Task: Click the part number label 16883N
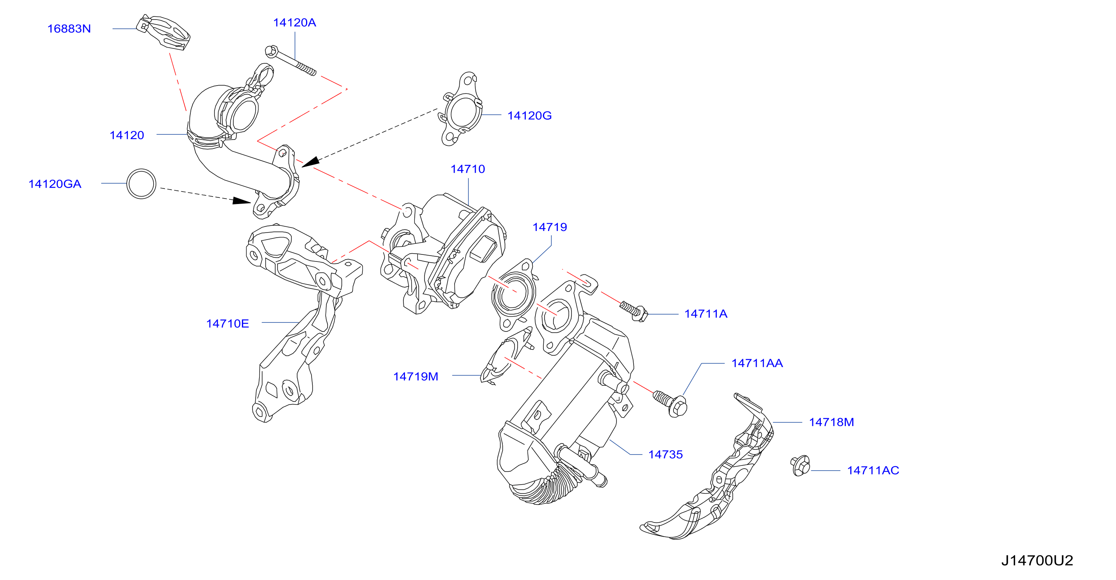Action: coord(69,29)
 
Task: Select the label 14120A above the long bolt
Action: coord(295,23)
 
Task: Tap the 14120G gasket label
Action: coord(529,116)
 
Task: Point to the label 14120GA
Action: coord(55,184)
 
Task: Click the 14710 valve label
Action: coord(468,169)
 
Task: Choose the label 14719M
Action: coord(416,376)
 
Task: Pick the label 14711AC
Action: coord(873,471)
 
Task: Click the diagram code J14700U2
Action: coord(1037,560)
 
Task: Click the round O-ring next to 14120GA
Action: coord(141,184)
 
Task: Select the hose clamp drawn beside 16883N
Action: coord(163,32)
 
